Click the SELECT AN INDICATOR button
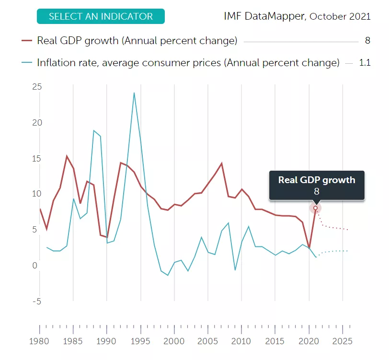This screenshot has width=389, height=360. click(101, 16)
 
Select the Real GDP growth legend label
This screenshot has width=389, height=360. click(137, 41)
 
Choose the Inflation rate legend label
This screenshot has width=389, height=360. click(188, 63)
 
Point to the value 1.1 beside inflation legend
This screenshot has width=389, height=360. click(365, 63)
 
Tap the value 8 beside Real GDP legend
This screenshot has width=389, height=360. click(367, 41)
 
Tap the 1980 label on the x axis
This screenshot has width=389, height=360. click(40, 342)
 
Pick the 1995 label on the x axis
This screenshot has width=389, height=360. click(140, 342)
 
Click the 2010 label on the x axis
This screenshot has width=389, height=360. click(241, 342)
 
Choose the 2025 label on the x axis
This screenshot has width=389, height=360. click(343, 342)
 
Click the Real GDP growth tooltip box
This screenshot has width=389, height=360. click(317, 185)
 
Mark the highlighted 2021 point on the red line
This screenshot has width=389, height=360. click(315, 208)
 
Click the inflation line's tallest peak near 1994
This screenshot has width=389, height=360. click(134, 93)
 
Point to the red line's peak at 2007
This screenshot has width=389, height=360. click(221, 163)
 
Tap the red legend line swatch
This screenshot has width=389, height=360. click(27, 41)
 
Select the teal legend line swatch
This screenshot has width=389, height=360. click(27, 63)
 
